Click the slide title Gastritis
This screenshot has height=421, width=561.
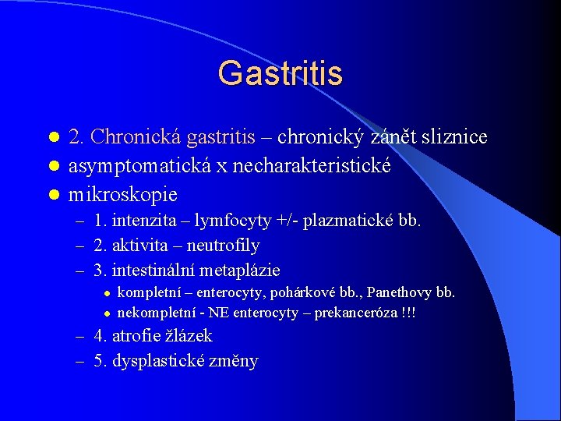click(x=280, y=73)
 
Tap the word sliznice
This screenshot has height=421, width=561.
click(x=454, y=136)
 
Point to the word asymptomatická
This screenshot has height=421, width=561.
click(x=139, y=166)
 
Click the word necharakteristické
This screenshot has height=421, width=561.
click(x=312, y=165)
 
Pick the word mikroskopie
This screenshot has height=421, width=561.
click(x=123, y=194)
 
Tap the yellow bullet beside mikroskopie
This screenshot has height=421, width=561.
click(x=54, y=195)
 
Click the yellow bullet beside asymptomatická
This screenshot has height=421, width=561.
click(x=54, y=166)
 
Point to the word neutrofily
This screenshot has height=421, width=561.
click(x=224, y=246)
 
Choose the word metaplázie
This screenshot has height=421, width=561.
click(x=239, y=270)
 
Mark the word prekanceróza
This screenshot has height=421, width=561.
click(x=355, y=313)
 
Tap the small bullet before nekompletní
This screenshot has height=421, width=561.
click(x=107, y=314)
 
